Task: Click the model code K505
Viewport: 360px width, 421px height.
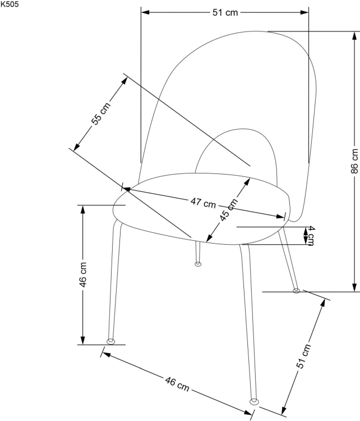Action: coord(10,4)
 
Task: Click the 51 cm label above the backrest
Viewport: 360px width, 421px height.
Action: coord(225,12)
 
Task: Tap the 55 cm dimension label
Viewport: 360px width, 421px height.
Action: coord(101,114)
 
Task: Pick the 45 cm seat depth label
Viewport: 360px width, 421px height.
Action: coord(229,210)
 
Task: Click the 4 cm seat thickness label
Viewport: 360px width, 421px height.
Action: coord(311,235)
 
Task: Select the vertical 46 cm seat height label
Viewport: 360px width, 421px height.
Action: coord(83,274)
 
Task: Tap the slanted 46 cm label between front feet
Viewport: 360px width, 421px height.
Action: coord(177,384)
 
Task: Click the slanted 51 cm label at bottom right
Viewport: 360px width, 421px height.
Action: coord(303,356)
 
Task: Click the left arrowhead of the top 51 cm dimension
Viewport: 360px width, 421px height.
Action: coord(145,12)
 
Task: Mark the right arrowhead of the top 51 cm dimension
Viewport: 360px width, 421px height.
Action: coord(304,12)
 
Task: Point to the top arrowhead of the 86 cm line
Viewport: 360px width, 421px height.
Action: coord(355,35)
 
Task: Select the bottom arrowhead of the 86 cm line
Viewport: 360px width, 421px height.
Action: coord(355,287)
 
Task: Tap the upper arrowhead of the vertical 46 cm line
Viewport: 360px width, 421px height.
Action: coord(83,209)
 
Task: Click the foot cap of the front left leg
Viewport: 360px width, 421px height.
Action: coord(110,341)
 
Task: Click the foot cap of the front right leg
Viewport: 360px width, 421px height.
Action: coord(254,402)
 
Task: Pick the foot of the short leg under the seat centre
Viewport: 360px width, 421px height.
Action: coord(198,264)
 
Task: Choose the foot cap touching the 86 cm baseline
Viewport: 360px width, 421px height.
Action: coord(296,291)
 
